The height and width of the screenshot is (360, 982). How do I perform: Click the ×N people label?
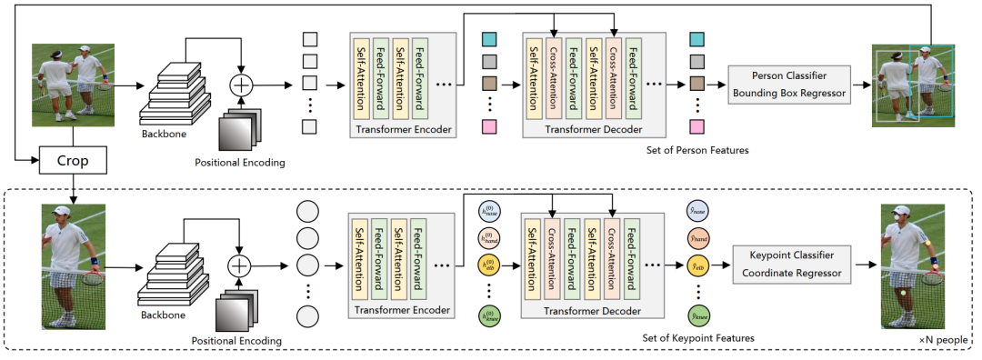tap(942, 338)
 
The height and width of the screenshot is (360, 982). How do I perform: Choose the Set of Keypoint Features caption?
tap(697, 337)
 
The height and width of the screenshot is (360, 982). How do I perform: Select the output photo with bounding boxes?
tap(913, 84)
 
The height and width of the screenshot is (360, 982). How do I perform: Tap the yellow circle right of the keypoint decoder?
tap(697, 267)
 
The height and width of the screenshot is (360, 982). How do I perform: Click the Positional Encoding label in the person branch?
tap(240, 163)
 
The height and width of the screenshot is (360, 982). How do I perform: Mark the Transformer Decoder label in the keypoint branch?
tap(594, 310)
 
